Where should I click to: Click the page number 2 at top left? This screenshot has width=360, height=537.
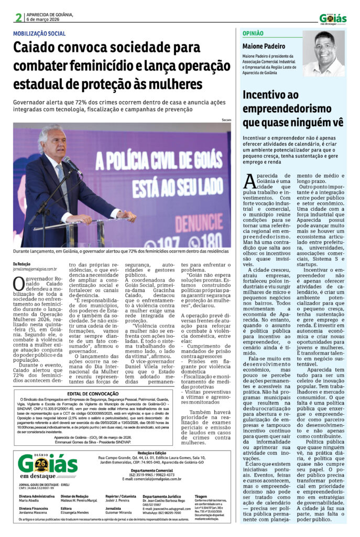[18, 17]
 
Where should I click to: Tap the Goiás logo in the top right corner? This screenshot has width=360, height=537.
[333, 18]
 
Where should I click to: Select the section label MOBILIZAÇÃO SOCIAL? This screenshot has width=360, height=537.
[39, 34]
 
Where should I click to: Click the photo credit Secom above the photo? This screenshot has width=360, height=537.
[226, 120]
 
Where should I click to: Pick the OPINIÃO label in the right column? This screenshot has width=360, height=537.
[253, 34]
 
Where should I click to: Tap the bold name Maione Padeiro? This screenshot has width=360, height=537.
[264, 46]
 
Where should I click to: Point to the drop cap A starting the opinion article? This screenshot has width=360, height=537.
[250, 181]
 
